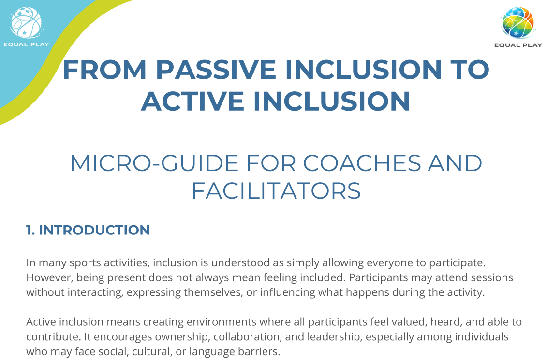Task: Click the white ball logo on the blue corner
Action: pos(26,22)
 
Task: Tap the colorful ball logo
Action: pos(517,22)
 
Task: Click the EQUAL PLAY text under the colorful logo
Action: pos(518,45)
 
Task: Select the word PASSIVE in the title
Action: pos(216,70)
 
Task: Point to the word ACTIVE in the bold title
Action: pos(192,101)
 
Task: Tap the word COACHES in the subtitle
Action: pos(362,163)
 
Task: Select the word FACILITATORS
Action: pos(276,191)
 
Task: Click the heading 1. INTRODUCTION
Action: pos(88,230)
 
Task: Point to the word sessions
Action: pos(492,277)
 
